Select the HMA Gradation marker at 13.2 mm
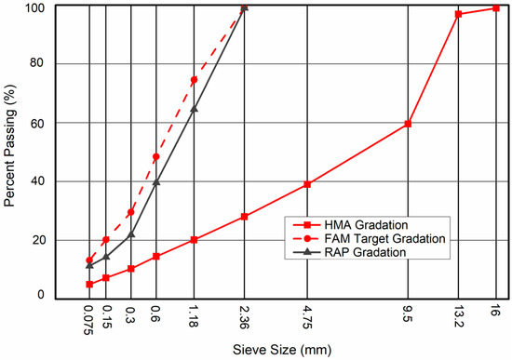pyautogui.click(x=458, y=14)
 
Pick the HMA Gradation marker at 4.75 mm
pyautogui.click(x=307, y=184)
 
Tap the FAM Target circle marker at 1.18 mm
pyautogui.click(x=194, y=80)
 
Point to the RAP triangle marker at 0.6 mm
pyautogui.click(x=155, y=182)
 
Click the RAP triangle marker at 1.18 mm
pyautogui.click(x=194, y=109)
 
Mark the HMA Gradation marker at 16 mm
pyautogui.click(x=496, y=8)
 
